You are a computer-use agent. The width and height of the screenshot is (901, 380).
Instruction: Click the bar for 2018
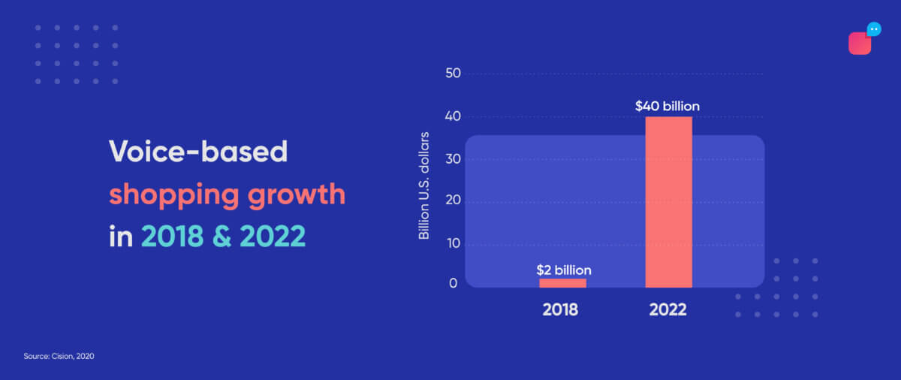562,282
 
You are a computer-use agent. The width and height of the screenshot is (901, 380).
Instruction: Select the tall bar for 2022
668,201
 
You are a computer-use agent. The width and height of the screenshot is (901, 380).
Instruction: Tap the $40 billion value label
667,107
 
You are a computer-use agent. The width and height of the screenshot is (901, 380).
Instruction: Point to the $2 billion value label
563,270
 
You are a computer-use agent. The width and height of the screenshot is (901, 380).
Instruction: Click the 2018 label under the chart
560,309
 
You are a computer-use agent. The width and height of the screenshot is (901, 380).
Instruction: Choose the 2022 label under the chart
668,309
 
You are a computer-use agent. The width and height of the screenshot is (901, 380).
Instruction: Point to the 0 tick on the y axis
454,283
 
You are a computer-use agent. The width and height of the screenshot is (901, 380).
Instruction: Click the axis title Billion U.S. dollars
424,185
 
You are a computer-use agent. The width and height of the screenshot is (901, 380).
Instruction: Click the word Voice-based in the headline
198,152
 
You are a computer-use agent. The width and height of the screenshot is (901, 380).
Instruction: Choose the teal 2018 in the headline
172,236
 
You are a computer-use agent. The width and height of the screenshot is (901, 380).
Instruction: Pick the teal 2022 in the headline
273,236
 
